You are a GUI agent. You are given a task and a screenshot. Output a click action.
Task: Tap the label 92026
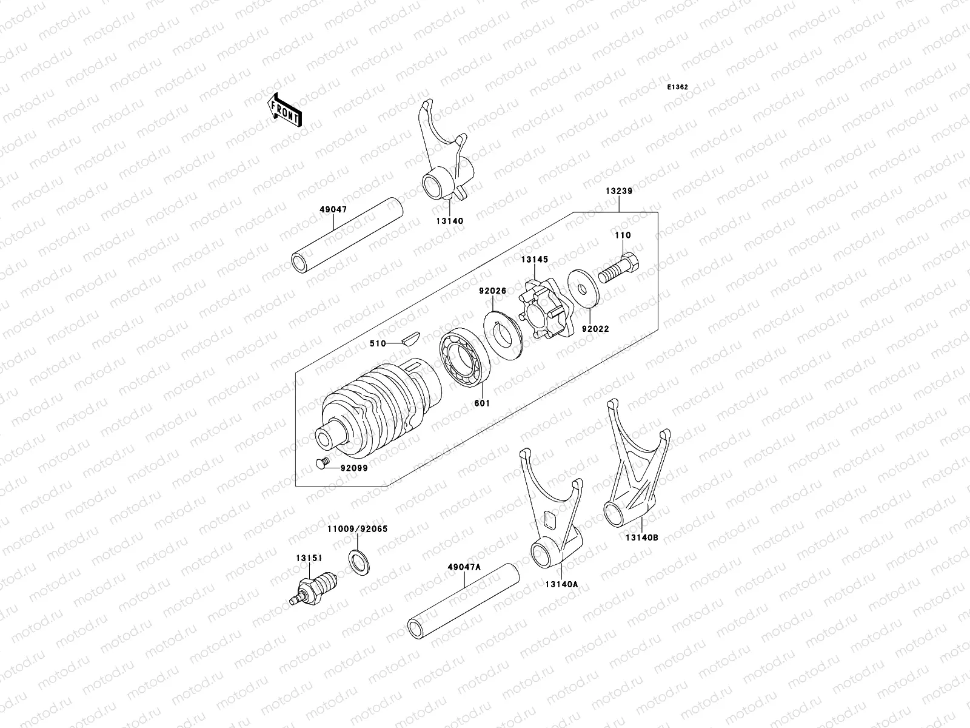pyautogui.click(x=492, y=291)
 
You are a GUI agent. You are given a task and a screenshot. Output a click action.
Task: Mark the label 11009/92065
pyautogui.click(x=357, y=529)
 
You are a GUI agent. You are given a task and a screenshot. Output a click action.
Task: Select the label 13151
pyautogui.click(x=309, y=558)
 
